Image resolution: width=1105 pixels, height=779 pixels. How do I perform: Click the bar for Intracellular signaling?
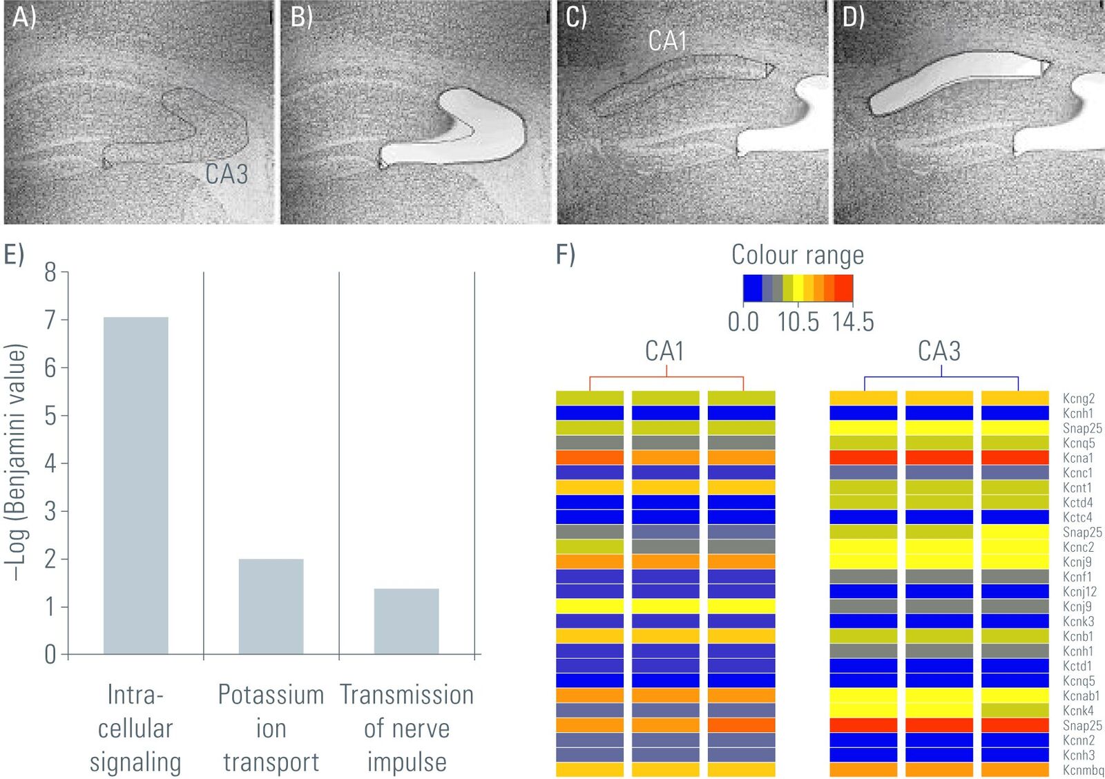[135, 486]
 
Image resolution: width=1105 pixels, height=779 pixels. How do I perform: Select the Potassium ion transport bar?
[271, 607]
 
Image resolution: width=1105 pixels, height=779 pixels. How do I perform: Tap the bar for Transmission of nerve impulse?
[407, 622]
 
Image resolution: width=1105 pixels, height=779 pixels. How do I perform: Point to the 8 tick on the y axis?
[65, 272]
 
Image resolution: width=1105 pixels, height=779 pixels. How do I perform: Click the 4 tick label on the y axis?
[50, 463]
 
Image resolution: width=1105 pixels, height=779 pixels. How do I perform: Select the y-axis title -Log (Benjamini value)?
[16, 462]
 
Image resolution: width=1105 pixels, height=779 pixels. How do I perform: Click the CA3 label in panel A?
[227, 173]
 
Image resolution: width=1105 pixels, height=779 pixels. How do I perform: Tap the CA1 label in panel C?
[667, 41]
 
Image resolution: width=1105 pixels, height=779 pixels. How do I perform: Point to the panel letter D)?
[853, 17]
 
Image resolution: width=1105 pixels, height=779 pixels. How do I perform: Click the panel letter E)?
[14, 255]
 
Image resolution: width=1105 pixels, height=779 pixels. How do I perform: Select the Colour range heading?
[798, 255]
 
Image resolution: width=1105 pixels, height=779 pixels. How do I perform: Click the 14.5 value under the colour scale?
[853, 322]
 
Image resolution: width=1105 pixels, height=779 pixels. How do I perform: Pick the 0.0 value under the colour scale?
[743, 322]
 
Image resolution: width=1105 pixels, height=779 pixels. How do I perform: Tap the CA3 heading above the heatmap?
[939, 352]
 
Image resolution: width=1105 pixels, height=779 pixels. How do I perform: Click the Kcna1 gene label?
[1078, 458]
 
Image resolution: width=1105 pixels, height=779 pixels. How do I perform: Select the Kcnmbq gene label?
[1084, 770]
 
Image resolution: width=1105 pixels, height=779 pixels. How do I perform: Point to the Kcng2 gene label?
[1079, 398]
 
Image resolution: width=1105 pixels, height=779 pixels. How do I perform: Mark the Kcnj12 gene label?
[1080, 592]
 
